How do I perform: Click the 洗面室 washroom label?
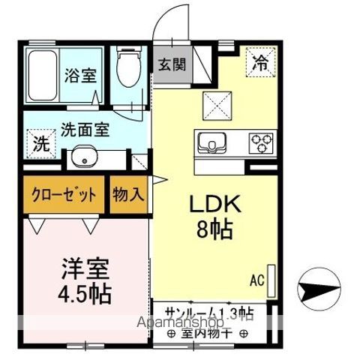(85, 128)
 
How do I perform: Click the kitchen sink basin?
(211, 142)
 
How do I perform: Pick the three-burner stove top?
(262, 141)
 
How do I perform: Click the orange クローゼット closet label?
(64, 196)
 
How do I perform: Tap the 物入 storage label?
(128, 196)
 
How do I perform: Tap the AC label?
(257, 281)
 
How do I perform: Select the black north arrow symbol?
(318, 286)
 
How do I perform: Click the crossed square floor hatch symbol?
(221, 105)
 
